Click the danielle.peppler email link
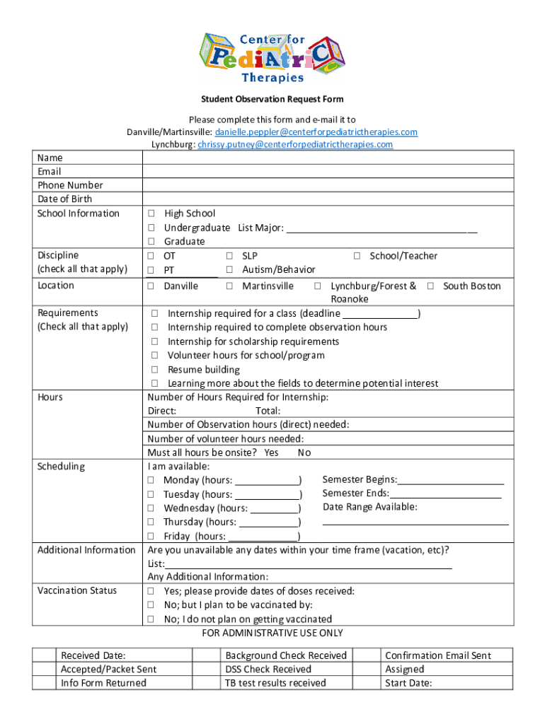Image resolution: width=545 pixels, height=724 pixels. pos(316,132)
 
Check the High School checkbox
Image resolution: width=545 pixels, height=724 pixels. pos(151,214)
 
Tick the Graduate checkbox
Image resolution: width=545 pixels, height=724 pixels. pos(151,242)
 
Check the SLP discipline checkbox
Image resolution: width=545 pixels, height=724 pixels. pos(229,256)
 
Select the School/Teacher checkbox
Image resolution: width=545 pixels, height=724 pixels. pos(357,256)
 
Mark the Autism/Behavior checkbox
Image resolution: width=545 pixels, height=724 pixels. pos(229,270)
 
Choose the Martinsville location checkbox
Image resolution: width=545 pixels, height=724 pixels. pos(229,286)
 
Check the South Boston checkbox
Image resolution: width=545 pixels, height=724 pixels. pos(430,286)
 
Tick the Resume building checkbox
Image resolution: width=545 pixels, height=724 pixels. pos(154,370)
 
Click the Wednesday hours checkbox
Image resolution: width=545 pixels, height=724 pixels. pos(151,508)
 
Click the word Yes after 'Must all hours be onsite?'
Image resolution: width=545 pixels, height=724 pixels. pos(271,453)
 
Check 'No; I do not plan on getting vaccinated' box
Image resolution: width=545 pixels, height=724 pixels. pos(151,619)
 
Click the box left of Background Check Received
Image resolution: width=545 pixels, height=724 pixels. pos(205,655)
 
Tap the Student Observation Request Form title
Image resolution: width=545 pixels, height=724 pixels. pos(272,100)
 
